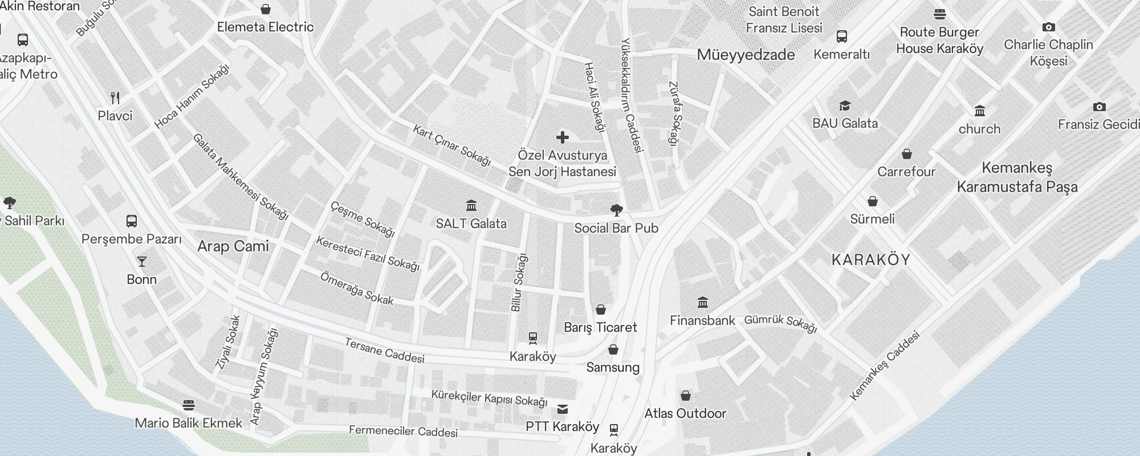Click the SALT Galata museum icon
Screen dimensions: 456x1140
pyautogui.click(x=471, y=205)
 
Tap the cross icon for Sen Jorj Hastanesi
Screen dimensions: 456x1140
pyautogui.click(x=563, y=137)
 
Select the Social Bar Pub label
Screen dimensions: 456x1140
pyautogui.click(x=616, y=229)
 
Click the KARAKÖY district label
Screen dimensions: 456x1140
pyautogui.click(x=871, y=260)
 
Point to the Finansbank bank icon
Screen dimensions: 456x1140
pyautogui.click(x=703, y=302)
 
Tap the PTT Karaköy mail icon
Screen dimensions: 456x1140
pyautogui.click(x=563, y=409)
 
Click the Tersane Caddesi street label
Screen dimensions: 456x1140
pyautogui.click(x=385, y=351)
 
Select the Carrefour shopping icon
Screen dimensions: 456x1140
pyautogui.click(x=906, y=154)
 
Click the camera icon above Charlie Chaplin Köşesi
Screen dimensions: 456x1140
pyautogui.click(x=1048, y=27)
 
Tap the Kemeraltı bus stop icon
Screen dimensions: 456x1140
pyautogui.click(x=841, y=36)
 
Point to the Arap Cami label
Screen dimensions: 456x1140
pyautogui.click(x=233, y=246)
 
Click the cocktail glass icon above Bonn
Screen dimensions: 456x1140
pyautogui.click(x=141, y=262)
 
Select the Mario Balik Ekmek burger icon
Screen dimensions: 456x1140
pyautogui.click(x=189, y=405)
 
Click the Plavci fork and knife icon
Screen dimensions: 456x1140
pyautogui.click(x=115, y=97)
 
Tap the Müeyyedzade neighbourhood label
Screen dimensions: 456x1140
pyautogui.click(x=746, y=55)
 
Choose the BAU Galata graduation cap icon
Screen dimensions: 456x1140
pyautogui.click(x=845, y=106)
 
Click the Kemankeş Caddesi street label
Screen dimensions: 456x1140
pyautogui.click(x=885, y=366)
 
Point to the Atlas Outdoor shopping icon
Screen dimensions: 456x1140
pyautogui.click(x=686, y=396)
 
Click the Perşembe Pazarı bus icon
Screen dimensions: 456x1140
pyautogui.click(x=131, y=221)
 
